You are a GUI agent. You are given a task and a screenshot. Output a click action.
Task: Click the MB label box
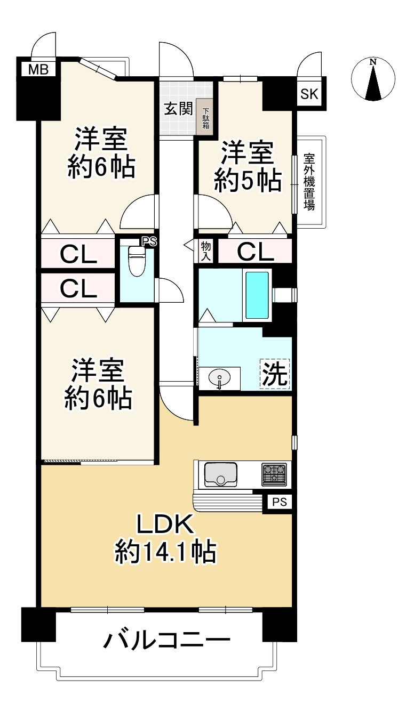37,69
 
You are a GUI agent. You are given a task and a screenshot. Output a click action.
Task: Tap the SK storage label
309,94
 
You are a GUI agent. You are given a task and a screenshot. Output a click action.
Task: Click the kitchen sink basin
220,473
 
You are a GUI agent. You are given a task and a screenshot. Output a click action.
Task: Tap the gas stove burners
274,473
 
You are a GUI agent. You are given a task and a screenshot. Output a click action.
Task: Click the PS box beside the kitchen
279,502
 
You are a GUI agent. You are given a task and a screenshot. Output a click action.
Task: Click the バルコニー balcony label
166,639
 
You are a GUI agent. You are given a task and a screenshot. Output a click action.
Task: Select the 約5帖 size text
248,181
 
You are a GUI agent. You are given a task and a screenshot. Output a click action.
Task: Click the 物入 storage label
206,251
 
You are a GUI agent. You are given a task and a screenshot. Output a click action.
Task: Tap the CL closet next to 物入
255,251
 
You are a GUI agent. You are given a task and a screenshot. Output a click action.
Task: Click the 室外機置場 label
309,182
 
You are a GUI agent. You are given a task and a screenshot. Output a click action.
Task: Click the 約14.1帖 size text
165,553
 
